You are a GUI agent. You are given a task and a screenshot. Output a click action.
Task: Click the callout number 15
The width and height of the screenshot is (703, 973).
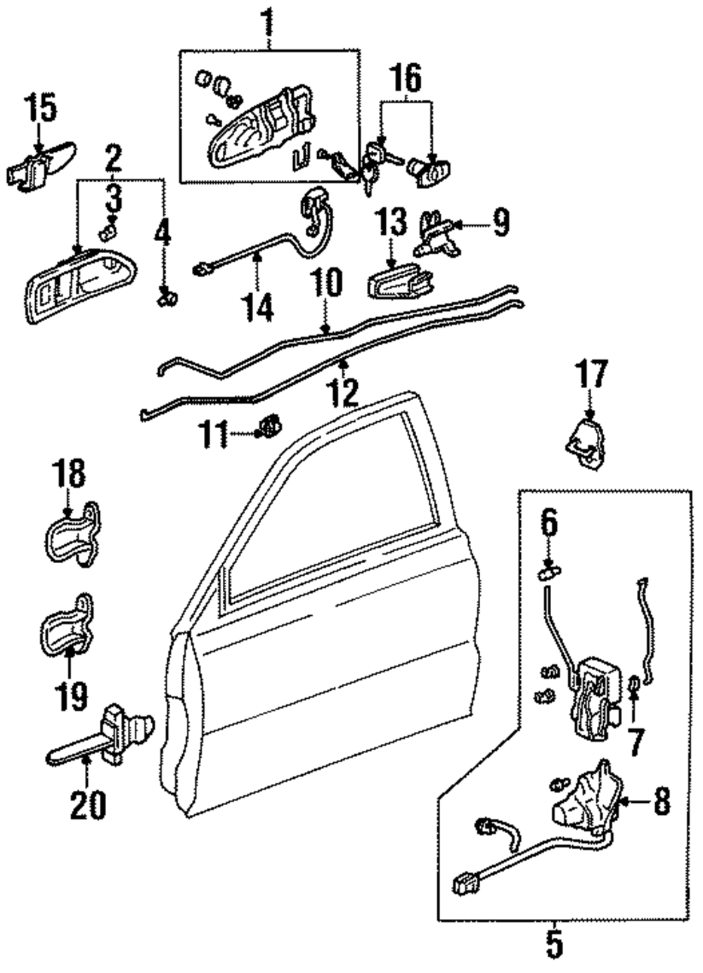[x=40, y=108]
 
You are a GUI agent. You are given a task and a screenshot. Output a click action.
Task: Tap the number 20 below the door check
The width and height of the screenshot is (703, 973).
[x=88, y=804]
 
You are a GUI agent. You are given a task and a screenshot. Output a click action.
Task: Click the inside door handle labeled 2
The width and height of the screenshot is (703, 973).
[x=80, y=285]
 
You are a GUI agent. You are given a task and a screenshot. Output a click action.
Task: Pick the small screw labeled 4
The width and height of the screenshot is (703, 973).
[x=165, y=297]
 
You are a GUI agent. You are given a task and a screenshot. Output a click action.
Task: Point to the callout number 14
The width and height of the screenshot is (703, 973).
[x=259, y=307]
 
